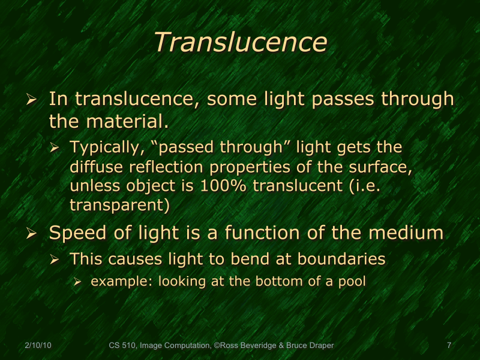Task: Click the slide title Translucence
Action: click(x=240, y=43)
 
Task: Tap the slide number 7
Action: click(x=449, y=345)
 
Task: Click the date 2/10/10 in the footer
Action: click(x=38, y=345)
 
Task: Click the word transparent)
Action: click(x=119, y=205)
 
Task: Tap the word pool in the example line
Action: click(x=353, y=281)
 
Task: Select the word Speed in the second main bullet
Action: click(x=75, y=233)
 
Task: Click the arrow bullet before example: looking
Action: click(x=77, y=281)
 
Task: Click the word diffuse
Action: click(x=94, y=166)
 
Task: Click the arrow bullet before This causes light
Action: click(x=55, y=260)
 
